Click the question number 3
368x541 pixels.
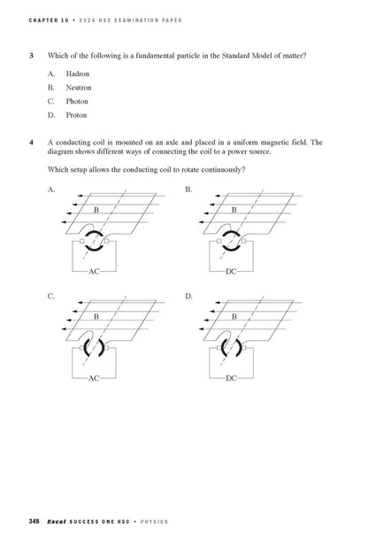point(31,55)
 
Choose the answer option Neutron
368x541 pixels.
point(78,87)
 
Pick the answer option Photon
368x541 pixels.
point(77,101)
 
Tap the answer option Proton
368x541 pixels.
point(76,115)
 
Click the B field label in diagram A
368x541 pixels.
point(96,209)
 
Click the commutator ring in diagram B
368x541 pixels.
point(231,241)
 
